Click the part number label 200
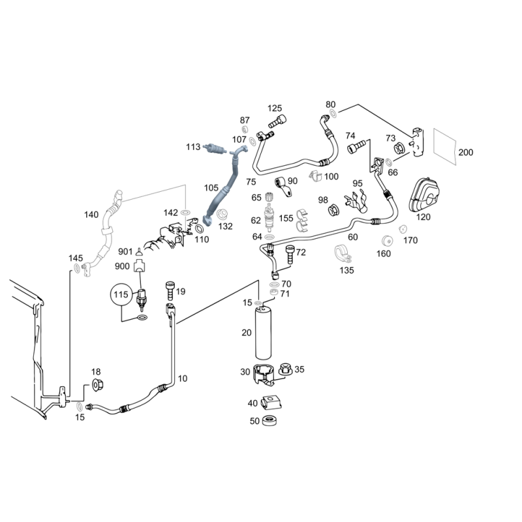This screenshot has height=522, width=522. (465, 152)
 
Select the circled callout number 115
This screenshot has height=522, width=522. (119, 296)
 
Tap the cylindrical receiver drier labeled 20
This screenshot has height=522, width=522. (264, 333)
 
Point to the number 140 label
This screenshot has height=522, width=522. (91, 215)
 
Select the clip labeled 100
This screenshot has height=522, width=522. (315, 175)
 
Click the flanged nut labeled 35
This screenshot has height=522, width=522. (285, 370)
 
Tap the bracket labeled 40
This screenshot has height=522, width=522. (269, 403)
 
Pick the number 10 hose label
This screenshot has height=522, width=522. (182, 378)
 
